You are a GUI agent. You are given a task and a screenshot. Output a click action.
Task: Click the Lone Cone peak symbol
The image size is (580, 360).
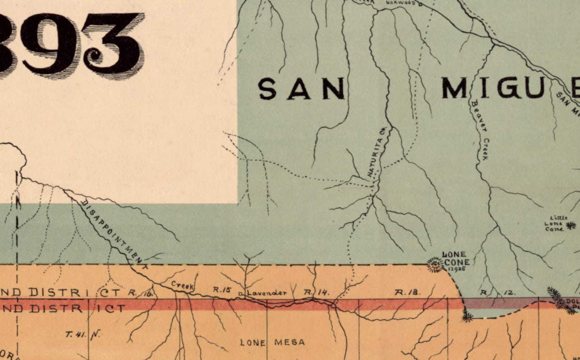point(435,264)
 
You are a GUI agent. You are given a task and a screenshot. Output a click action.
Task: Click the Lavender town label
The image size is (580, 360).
point(267,293)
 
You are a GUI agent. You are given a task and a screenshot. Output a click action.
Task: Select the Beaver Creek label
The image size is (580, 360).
point(480,130)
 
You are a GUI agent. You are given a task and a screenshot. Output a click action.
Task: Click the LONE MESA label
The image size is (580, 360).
point(272,342)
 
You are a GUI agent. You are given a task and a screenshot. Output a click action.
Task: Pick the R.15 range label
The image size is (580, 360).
point(222,290)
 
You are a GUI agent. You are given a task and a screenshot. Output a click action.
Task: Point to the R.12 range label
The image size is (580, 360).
point(497,292)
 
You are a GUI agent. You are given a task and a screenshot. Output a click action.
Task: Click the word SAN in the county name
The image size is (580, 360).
point(301,89)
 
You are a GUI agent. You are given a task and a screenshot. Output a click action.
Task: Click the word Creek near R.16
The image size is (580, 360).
point(182,285)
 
